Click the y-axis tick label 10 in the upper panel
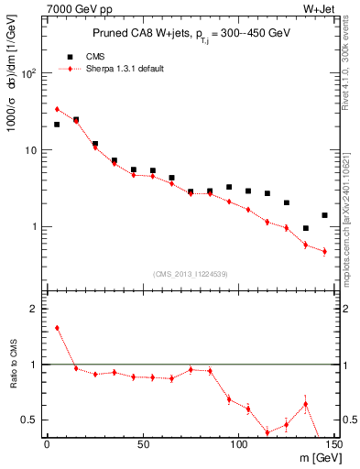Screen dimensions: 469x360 [x=32, y=149]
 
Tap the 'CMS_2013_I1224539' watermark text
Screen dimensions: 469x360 [x=191, y=273]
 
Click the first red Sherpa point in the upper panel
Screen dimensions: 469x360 [x=57, y=109]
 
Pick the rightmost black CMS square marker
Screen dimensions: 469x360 [x=324, y=215]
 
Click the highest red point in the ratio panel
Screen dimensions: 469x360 [x=57, y=328]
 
